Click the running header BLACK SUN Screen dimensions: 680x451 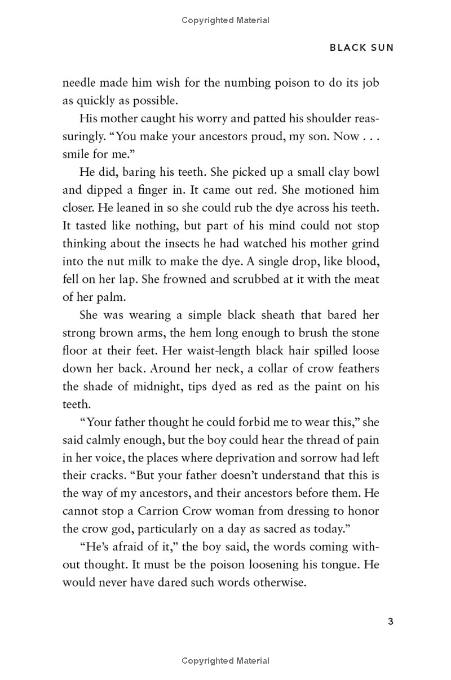pos(361,48)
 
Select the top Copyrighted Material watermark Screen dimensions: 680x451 pos(225,20)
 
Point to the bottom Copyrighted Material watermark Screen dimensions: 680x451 pos(225,661)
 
